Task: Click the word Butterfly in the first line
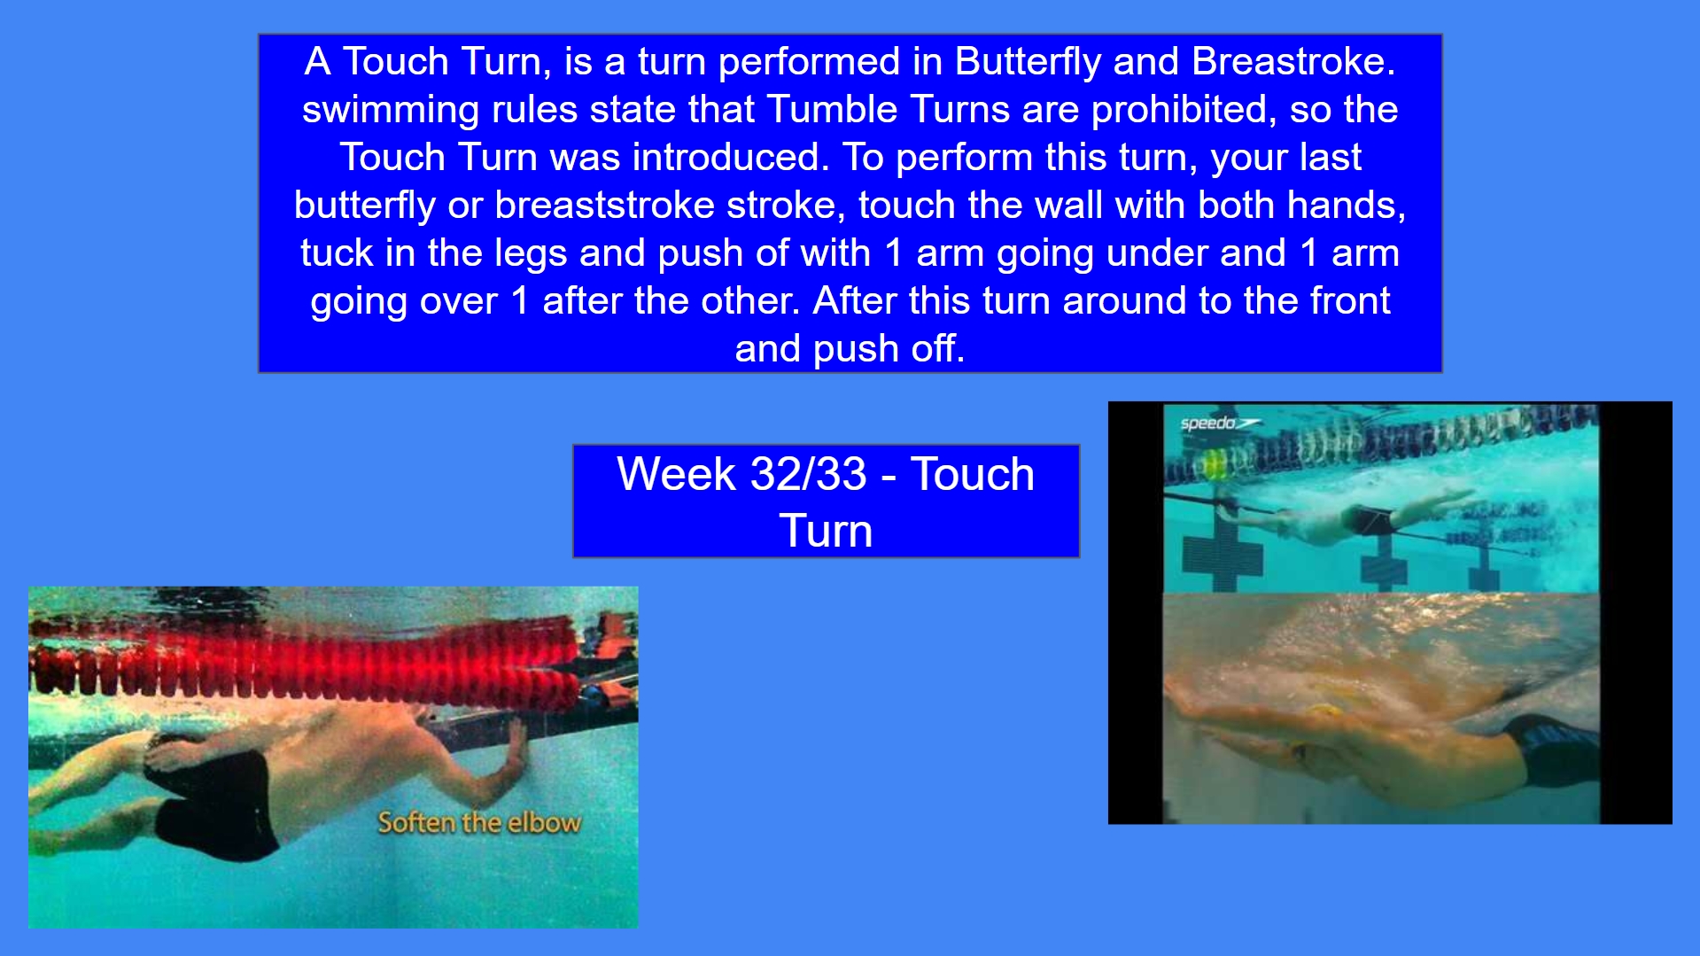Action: pos(1028,62)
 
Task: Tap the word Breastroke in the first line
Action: pos(1292,62)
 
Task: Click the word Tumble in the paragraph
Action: pos(833,110)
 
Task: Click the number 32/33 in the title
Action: pos(808,474)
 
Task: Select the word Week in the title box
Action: pos(677,474)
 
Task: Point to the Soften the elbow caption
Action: pos(479,823)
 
